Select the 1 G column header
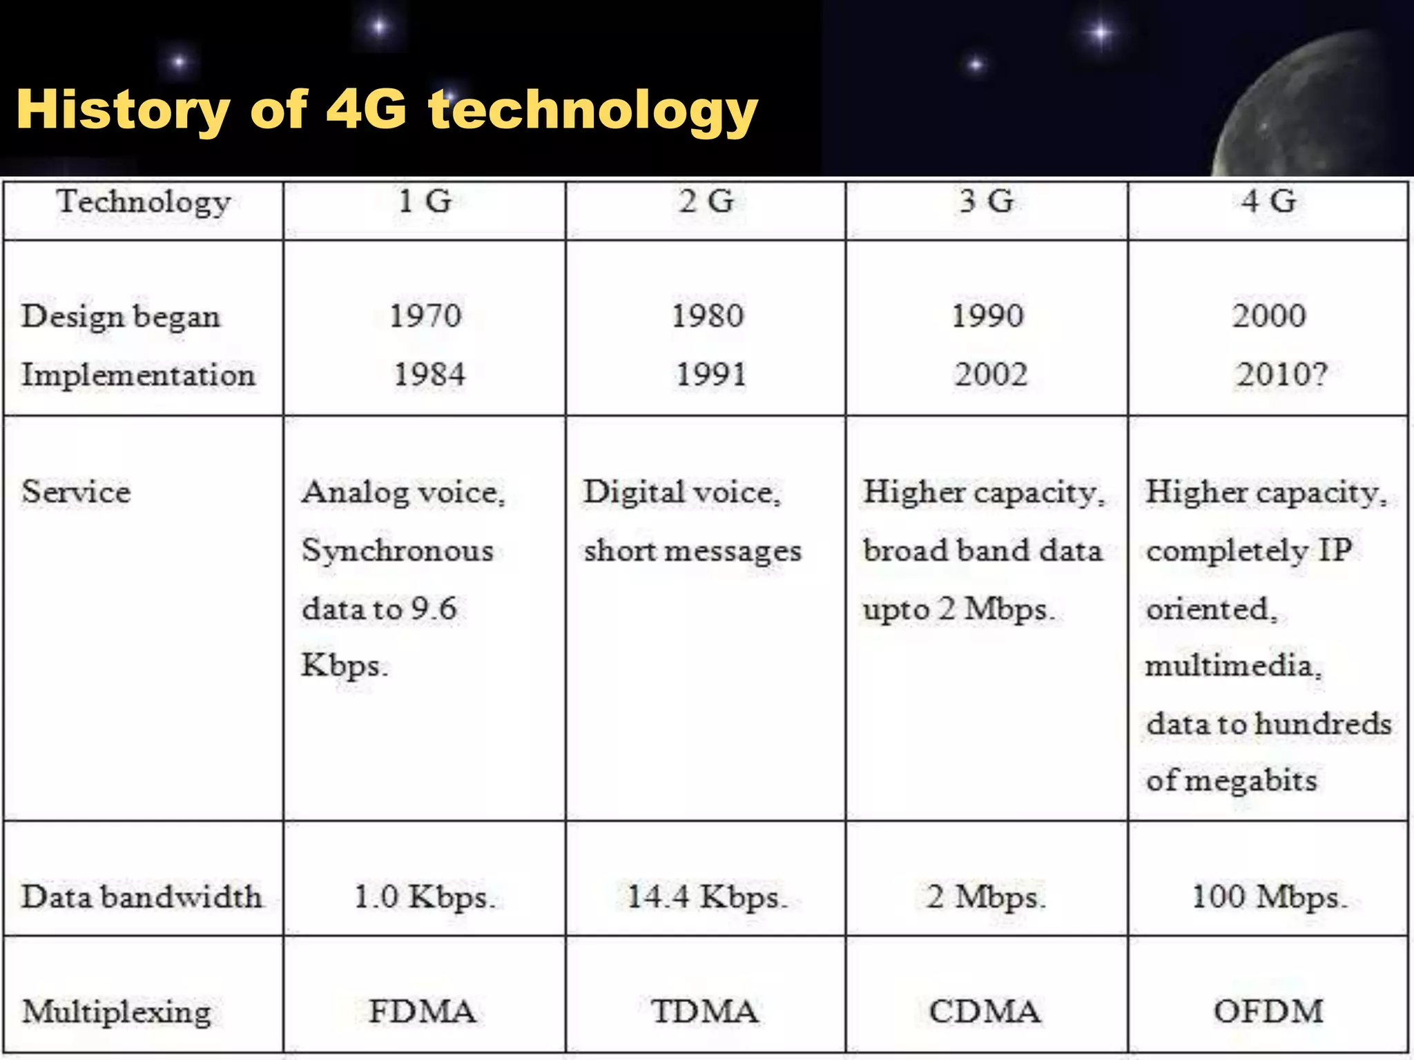point(425,202)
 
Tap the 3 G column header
point(987,202)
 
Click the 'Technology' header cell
point(144,202)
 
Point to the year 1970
point(425,316)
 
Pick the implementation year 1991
point(710,375)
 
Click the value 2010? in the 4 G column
point(1281,375)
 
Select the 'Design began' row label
point(121,317)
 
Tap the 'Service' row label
point(76,492)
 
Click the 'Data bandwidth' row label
point(142,896)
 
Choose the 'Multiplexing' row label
point(116,1012)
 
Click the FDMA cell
point(423,1012)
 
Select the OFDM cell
point(1268,1012)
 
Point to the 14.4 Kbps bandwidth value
point(706,896)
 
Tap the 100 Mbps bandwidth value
point(1269,896)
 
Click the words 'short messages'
point(693,551)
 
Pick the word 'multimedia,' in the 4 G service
point(1233,666)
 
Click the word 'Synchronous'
point(398,551)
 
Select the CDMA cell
point(985,1012)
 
